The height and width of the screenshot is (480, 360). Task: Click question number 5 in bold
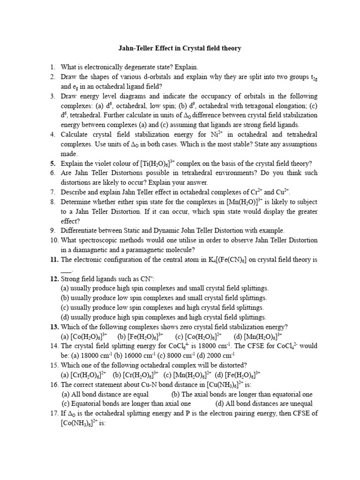[53, 164]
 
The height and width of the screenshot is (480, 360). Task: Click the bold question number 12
[54, 279]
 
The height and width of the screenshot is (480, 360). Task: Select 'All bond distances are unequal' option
[264, 403]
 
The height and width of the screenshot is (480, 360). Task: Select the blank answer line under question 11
[67, 270]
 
